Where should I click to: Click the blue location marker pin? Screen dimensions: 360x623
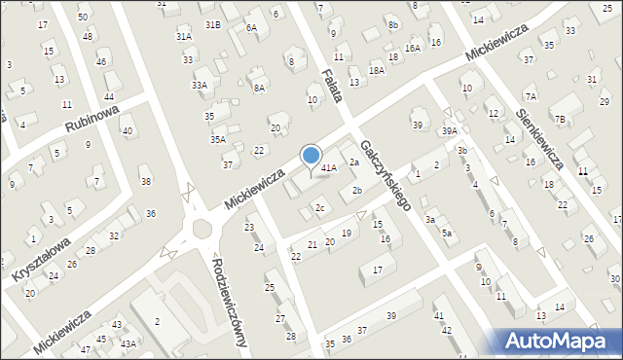click(311, 156)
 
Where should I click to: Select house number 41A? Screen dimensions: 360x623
click(329, 168)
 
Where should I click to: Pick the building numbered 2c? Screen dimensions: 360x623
click(319, 208)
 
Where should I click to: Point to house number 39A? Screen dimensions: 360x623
click(449, 131)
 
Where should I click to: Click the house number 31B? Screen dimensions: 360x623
click(212, 23)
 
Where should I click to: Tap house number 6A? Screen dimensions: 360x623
click(251, 27)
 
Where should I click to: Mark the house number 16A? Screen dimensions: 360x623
click(413, 48)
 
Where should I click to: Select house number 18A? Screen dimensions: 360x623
click(377, 70)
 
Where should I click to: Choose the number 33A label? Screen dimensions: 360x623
click(199, 86)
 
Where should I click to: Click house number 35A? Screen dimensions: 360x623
click(218, 139)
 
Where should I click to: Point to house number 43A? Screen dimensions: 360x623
click(128, 343)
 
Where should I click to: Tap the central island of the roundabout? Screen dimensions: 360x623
click(202, 229)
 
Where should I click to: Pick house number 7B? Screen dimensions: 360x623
click(560, 120)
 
